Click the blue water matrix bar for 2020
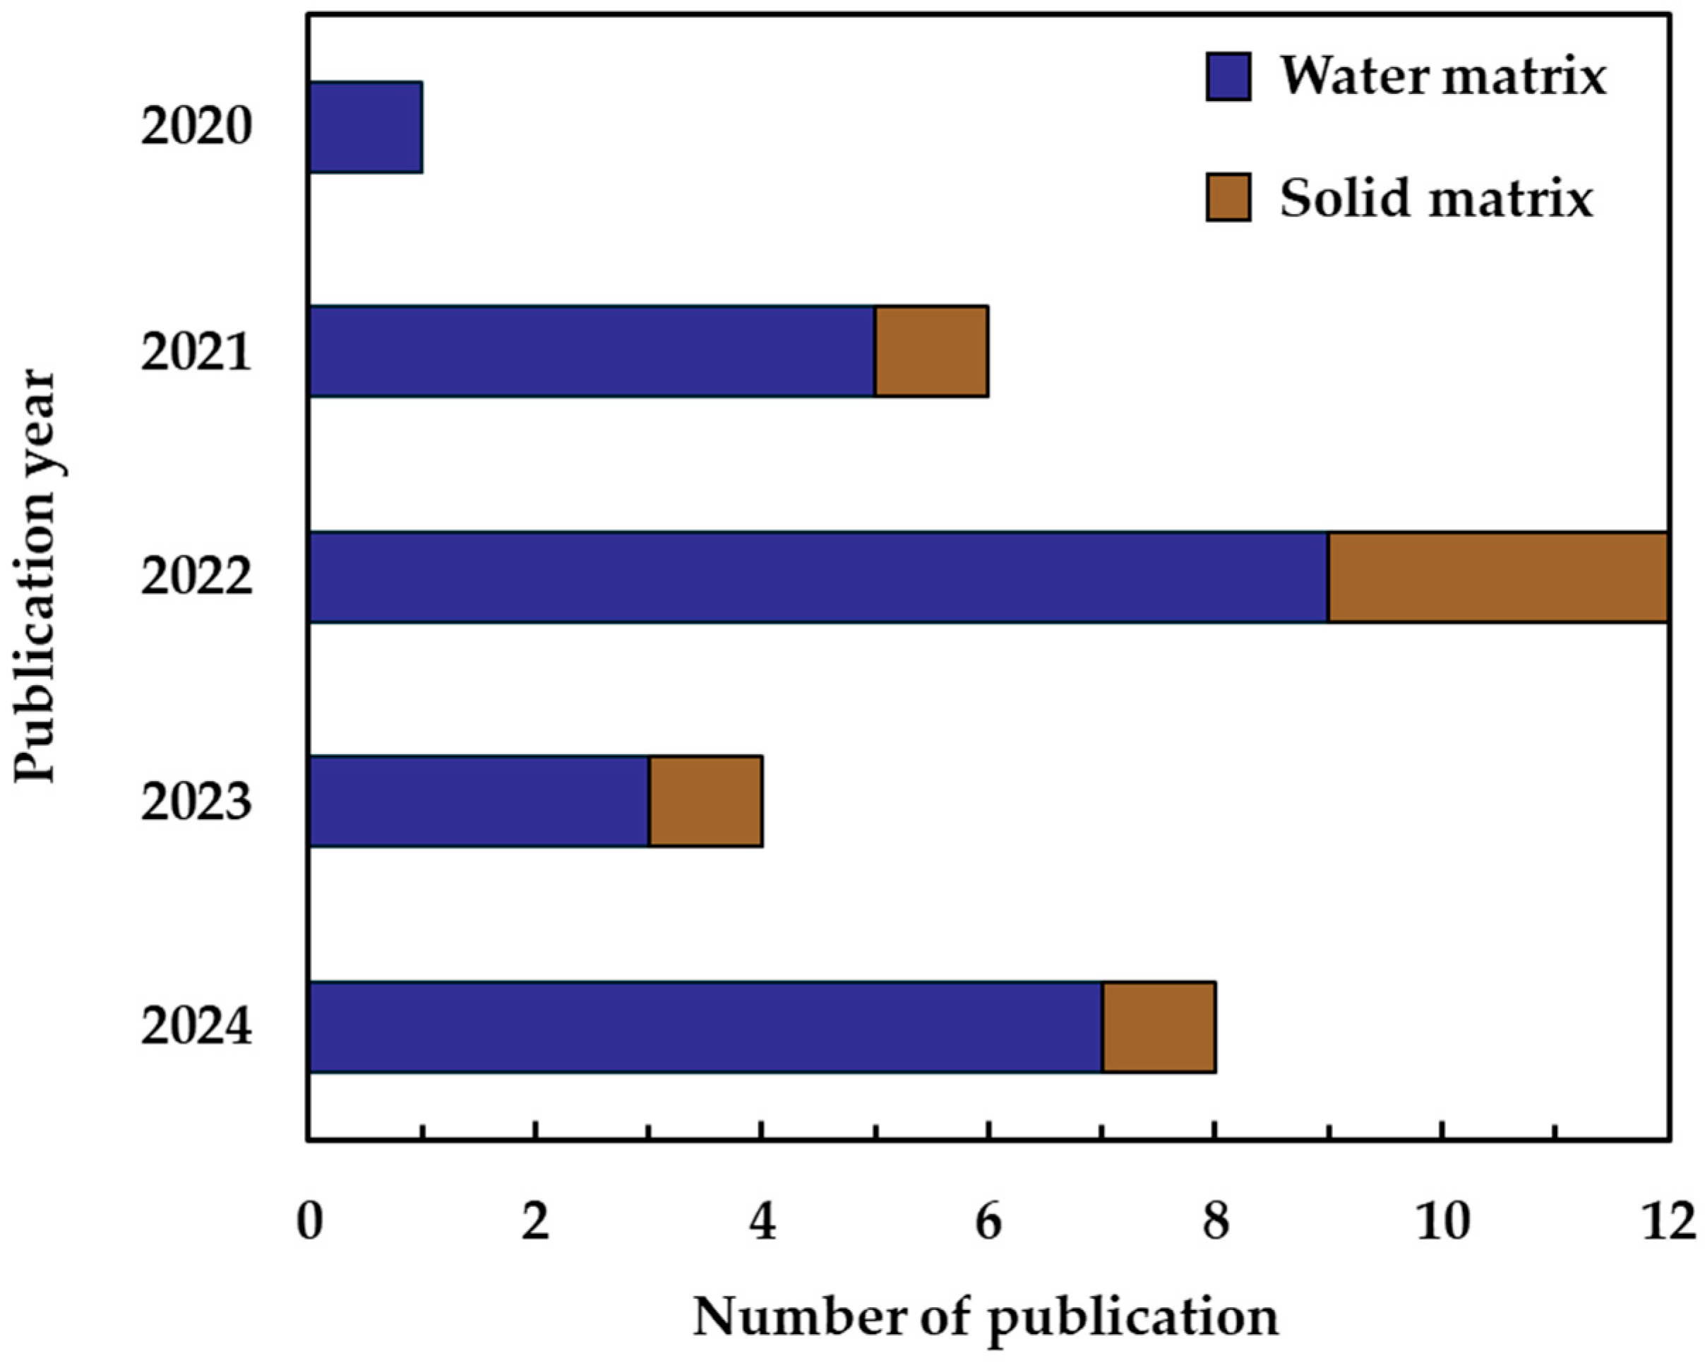tap(366, 126)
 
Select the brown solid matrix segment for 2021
tap(931, 351)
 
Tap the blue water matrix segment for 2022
tap(818, 578)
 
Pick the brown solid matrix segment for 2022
tap(1497, 578)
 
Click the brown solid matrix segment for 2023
tap(705, 802)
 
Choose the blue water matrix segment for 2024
tap(705, 1027)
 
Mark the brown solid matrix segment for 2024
tap(1159, 1027)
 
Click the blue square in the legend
tap(1228, 77)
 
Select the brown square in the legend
tap(1228, 197)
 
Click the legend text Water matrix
tap(1443, 77)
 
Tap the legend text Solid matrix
tap(1436, 198)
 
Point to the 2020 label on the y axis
tap(196, 126)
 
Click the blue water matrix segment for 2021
tap(592, 351)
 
